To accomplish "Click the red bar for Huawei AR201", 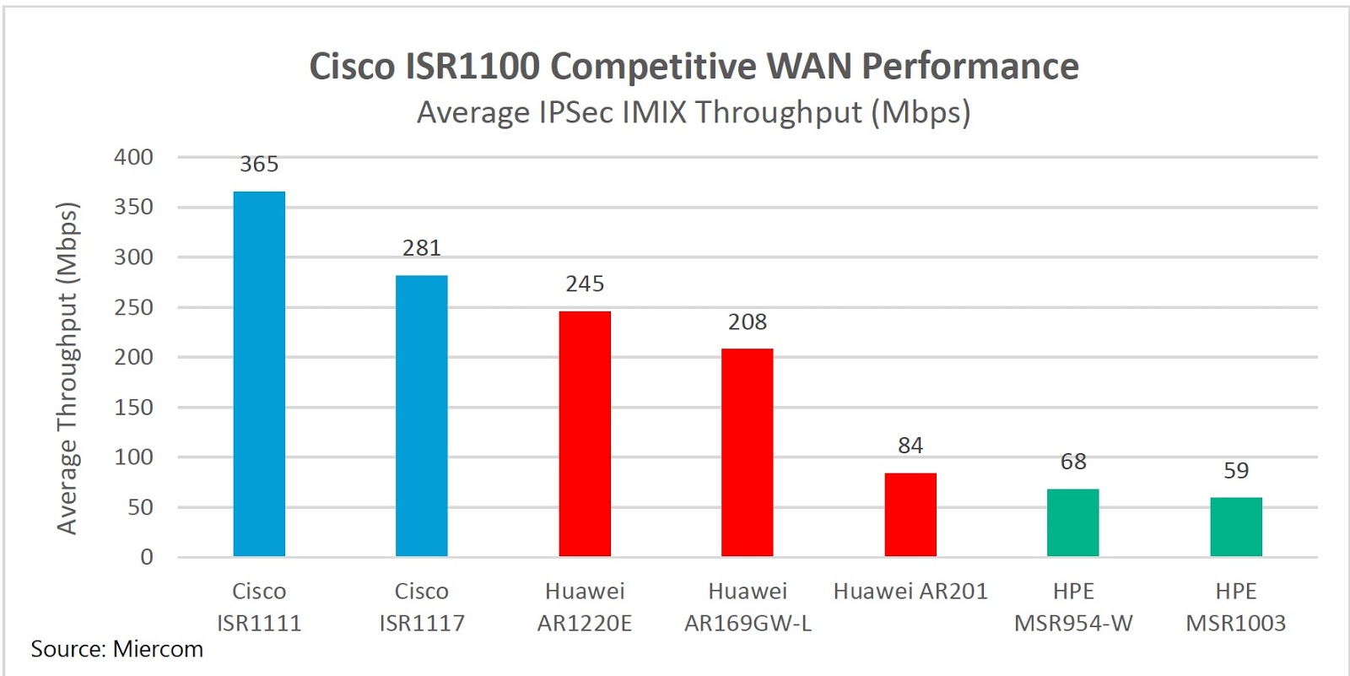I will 910,514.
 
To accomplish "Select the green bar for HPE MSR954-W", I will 1073,522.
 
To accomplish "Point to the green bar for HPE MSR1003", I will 1236,527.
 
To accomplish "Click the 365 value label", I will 259,164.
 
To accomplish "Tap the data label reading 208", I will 748,322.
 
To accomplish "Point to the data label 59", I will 1236,470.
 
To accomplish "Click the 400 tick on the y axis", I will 134,157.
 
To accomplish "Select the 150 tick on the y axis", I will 134,407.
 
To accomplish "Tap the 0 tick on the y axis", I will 147,557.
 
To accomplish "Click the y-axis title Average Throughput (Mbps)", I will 67,368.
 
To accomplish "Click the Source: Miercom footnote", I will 117,649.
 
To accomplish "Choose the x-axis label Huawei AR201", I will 910,591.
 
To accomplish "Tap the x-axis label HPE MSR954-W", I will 1073,607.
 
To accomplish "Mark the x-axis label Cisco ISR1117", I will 422,607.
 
